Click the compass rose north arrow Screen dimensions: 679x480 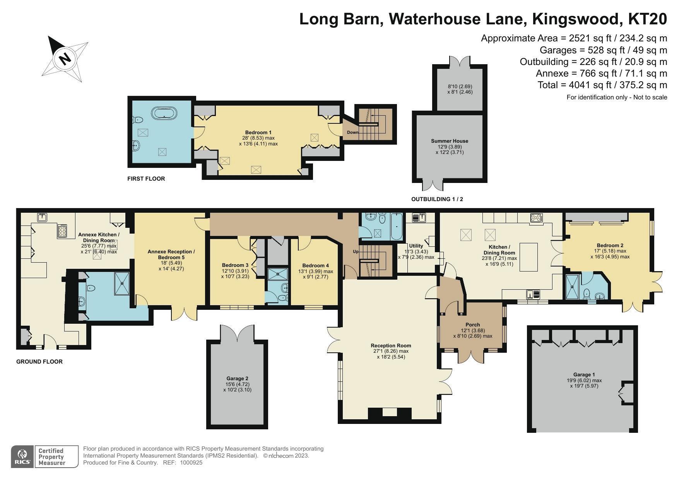(x=65, y=59)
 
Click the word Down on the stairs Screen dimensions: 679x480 (x=352, y=132)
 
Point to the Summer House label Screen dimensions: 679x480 (x=450, y=141)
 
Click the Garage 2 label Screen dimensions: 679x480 (x=237, y=379)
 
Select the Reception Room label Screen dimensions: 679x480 (x=391, y=346)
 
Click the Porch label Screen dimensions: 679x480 (x=473, y=325)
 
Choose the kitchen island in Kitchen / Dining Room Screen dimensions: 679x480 (x=528, y=257)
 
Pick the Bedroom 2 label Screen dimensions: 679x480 (x=610, y=245)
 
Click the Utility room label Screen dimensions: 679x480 (x=416, y=246)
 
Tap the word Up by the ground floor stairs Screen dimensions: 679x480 (x=356, y=251)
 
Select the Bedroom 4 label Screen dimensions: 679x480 (x=315, y=266)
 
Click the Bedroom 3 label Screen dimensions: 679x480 (x=235, y=265)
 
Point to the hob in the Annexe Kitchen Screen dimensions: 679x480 (x=62, y=231)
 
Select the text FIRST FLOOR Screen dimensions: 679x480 (x=146, y=179)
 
